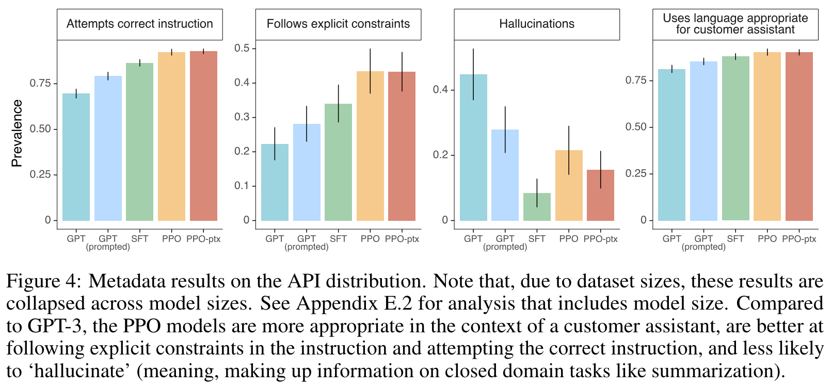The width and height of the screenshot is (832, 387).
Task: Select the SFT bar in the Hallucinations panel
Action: (537, 207)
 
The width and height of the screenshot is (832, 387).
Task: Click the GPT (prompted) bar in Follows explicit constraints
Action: (307, 172)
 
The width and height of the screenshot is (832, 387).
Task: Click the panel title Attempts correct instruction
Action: (139, 24)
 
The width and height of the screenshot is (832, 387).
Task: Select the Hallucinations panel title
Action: (537, 24)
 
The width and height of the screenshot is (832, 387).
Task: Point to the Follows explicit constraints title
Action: (338, 24)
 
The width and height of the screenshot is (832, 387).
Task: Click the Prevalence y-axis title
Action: (17, 133)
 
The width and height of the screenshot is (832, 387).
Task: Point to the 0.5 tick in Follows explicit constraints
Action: (242, 48)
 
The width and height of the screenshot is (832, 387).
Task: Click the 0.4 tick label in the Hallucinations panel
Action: (440, 89)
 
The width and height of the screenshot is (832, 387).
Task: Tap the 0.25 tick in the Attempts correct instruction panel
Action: (40, 174)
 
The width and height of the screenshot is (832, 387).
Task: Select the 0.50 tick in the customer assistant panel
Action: (636, 127)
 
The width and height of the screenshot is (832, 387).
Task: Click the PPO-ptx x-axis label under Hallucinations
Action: (600, 239)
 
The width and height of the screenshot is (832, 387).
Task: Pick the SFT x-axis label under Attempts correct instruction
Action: (139, 239)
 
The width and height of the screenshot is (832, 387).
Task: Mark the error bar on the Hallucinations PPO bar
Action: (569, 150)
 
